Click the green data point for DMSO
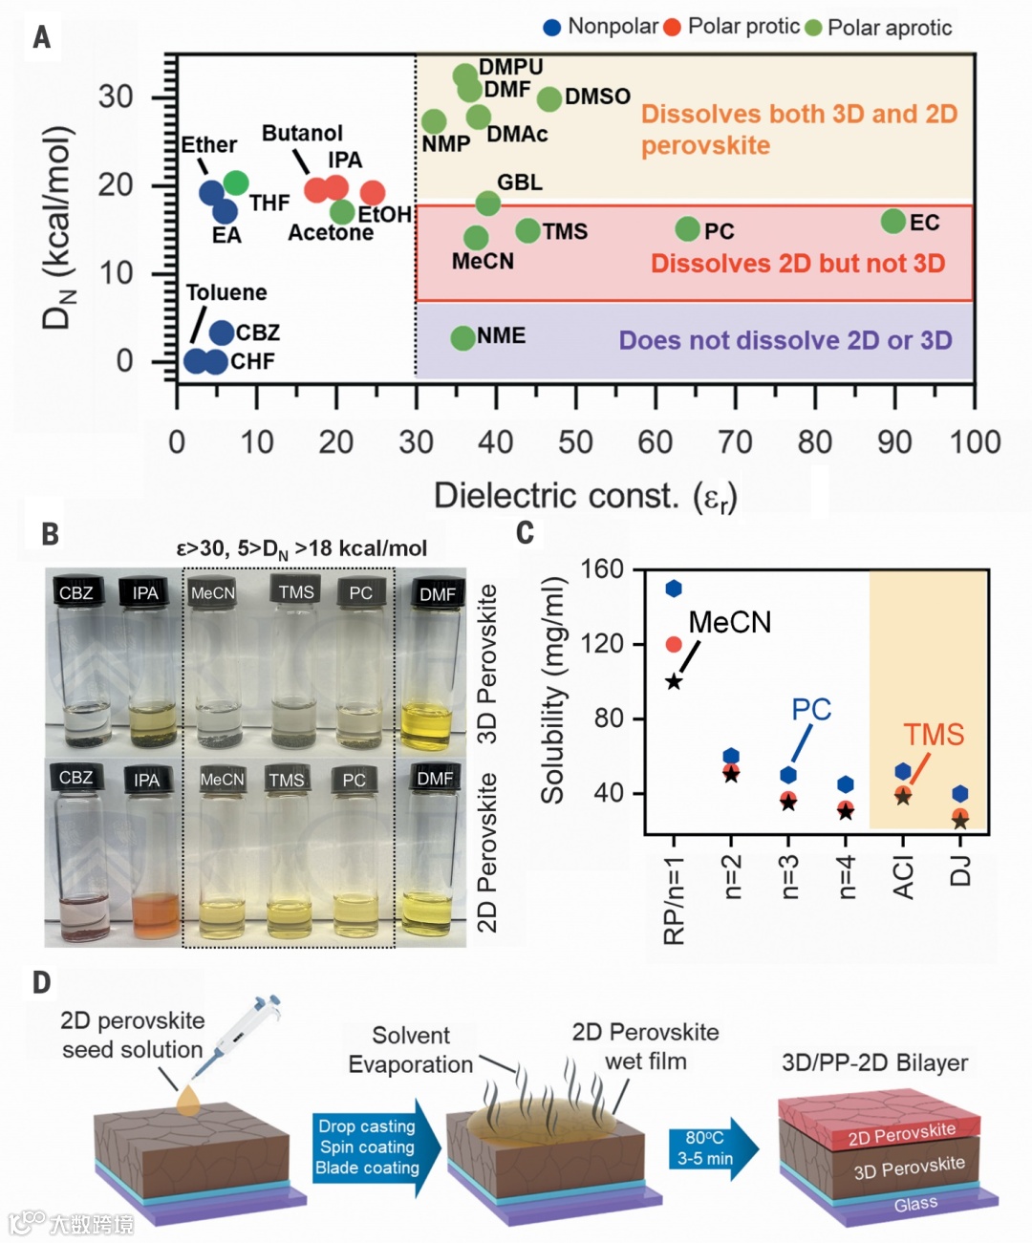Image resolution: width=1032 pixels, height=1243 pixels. point(549,98)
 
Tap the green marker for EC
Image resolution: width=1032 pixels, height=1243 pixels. point(893,222)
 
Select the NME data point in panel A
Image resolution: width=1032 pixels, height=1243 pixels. point(463,337)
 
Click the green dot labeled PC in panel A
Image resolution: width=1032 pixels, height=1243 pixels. point(688,229)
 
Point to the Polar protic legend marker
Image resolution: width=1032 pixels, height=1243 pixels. point(672,27)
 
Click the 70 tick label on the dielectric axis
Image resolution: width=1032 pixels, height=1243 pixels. point(734,442)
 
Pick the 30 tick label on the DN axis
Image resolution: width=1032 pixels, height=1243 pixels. point(116,96)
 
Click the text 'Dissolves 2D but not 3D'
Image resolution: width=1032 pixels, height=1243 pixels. point(798,264)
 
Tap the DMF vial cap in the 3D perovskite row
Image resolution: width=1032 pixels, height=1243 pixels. point(437,592)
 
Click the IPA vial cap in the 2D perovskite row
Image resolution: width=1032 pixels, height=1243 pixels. point(146,779)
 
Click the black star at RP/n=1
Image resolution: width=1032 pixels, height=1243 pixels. point(674,681)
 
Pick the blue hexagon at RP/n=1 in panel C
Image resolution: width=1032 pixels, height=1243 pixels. point(674,589)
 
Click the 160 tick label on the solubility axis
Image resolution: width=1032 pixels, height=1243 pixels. point(602,569)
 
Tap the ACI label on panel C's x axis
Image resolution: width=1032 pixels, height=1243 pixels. point(903,877)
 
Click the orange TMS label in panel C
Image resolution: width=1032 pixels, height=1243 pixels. point(934,735)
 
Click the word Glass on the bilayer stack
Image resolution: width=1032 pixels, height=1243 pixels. point(915,1204)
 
